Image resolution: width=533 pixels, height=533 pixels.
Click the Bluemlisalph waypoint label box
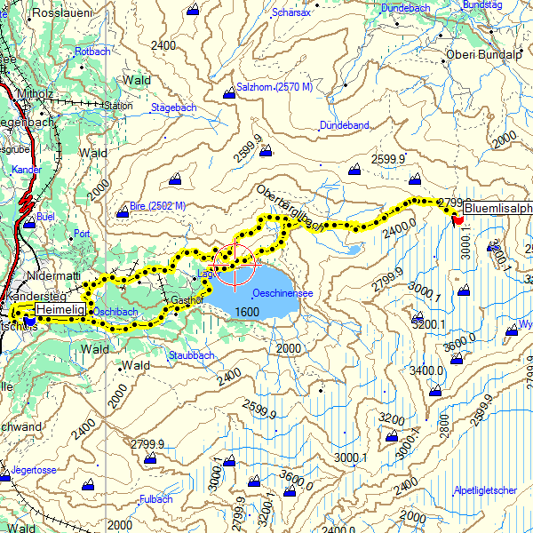497,210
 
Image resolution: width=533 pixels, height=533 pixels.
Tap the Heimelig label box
60,308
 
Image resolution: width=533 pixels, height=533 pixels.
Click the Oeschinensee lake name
282,292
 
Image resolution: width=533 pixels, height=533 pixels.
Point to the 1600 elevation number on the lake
248,312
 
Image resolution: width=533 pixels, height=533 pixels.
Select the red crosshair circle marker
235,264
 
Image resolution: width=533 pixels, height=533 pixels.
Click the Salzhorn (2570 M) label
275,87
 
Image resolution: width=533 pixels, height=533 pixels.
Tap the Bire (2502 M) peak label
157,206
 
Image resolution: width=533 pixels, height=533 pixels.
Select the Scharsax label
290,12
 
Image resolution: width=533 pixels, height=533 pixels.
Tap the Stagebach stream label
173,107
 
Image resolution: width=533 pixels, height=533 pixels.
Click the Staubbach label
191,355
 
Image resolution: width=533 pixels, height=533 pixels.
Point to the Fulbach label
155,499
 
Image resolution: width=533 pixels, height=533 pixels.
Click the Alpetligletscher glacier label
484,490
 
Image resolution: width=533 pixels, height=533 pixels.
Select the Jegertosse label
34,469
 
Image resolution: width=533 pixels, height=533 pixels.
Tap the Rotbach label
92,52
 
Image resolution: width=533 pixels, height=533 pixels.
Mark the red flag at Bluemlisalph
457,218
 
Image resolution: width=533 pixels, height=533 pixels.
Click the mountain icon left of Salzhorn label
229,88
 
